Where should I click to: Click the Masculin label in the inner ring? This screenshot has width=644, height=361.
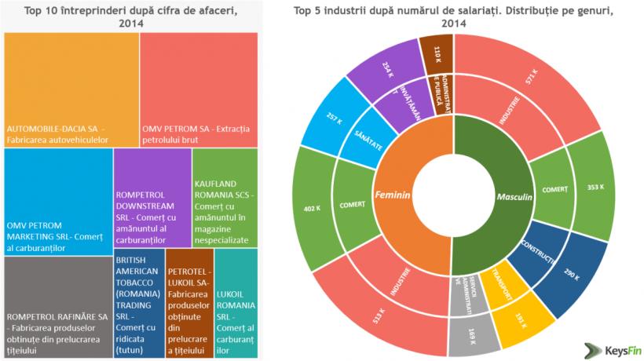pyautogui.click(x=514, y=195)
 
